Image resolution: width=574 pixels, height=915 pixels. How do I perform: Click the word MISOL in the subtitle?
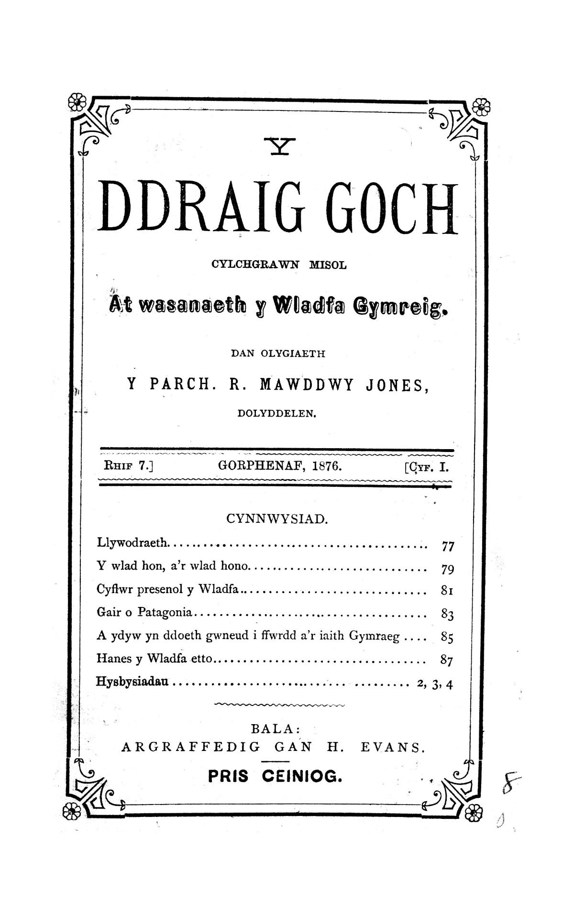328,265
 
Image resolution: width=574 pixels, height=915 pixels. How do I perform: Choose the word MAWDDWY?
306,386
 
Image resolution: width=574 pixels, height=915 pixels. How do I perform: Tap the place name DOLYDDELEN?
277,413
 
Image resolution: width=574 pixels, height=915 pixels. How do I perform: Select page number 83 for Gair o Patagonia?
447,615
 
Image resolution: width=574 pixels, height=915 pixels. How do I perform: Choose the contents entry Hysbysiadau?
132,682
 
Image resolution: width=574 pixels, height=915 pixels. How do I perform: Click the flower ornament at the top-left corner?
77,101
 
